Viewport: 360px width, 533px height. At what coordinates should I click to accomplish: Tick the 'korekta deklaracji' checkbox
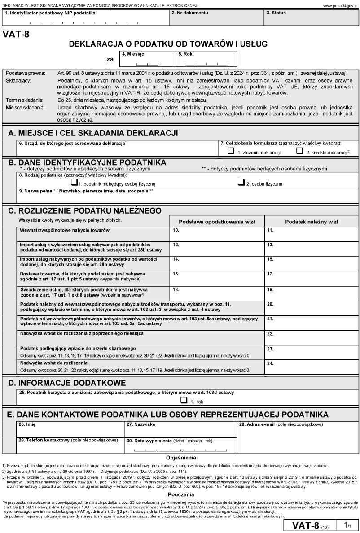(299, 152)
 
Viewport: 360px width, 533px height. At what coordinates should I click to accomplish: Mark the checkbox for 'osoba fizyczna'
(241, 183)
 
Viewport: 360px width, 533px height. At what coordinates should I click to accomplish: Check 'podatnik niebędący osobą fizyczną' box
(75, 183)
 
